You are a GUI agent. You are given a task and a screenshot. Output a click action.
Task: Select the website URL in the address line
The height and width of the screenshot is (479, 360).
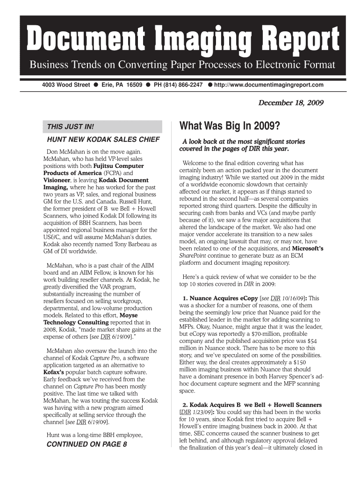point(269,85)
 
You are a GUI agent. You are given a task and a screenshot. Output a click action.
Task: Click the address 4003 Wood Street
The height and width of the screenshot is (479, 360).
point(66,85)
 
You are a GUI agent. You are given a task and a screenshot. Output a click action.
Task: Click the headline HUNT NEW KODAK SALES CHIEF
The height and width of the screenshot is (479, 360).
point(103,140)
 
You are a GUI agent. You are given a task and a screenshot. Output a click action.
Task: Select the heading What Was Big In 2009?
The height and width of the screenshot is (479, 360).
point(230,127)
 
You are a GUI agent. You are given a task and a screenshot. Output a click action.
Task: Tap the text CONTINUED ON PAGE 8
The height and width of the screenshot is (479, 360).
point(87,444)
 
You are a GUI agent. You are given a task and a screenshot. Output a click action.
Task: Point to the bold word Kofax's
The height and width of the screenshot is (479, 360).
point(56,372)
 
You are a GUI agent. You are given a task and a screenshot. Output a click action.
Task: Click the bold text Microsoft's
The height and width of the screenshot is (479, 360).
point(304,248)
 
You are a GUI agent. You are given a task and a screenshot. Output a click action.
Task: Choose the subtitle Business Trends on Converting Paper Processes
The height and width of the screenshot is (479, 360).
point(182,65)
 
